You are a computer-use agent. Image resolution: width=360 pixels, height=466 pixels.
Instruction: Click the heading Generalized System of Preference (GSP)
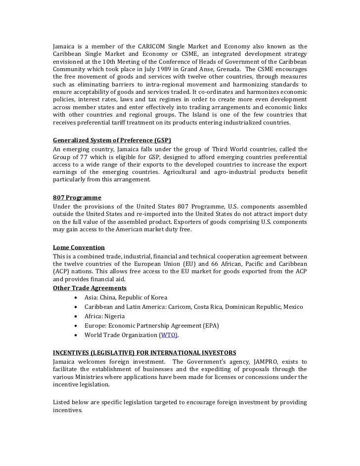[x=115, y=140]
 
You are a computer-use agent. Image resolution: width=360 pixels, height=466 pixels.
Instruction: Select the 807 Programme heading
[x=77, y=197]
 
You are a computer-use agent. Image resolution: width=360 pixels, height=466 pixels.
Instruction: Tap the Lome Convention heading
[x=79, y=247]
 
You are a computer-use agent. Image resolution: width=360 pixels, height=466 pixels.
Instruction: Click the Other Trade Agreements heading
[x=90, y=288]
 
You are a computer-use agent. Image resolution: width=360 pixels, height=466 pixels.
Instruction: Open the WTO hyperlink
[x=168, y=335]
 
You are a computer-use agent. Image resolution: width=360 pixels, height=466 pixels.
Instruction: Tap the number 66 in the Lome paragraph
[x=207, y=264]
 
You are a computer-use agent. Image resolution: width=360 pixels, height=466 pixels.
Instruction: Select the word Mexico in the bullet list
[x=293, y=307]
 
